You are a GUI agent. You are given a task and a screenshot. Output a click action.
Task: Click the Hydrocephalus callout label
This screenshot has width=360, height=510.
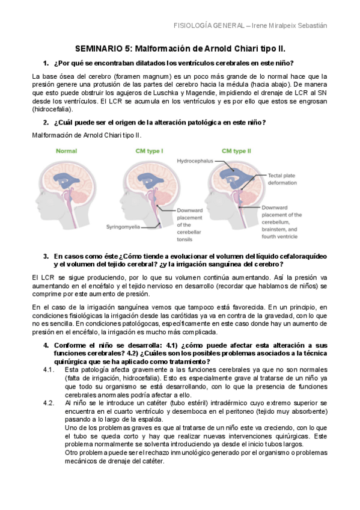[197, 162]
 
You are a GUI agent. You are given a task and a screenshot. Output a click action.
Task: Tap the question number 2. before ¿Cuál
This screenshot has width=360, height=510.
[46, 123]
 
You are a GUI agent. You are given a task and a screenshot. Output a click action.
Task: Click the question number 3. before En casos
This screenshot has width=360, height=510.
[46, 256]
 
